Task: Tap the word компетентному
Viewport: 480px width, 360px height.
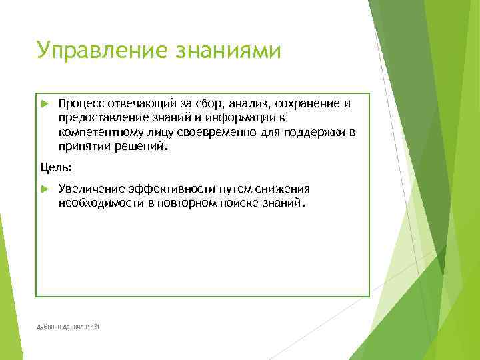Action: pos(99,132)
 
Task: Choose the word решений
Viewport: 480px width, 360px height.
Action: pos(140,146)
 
